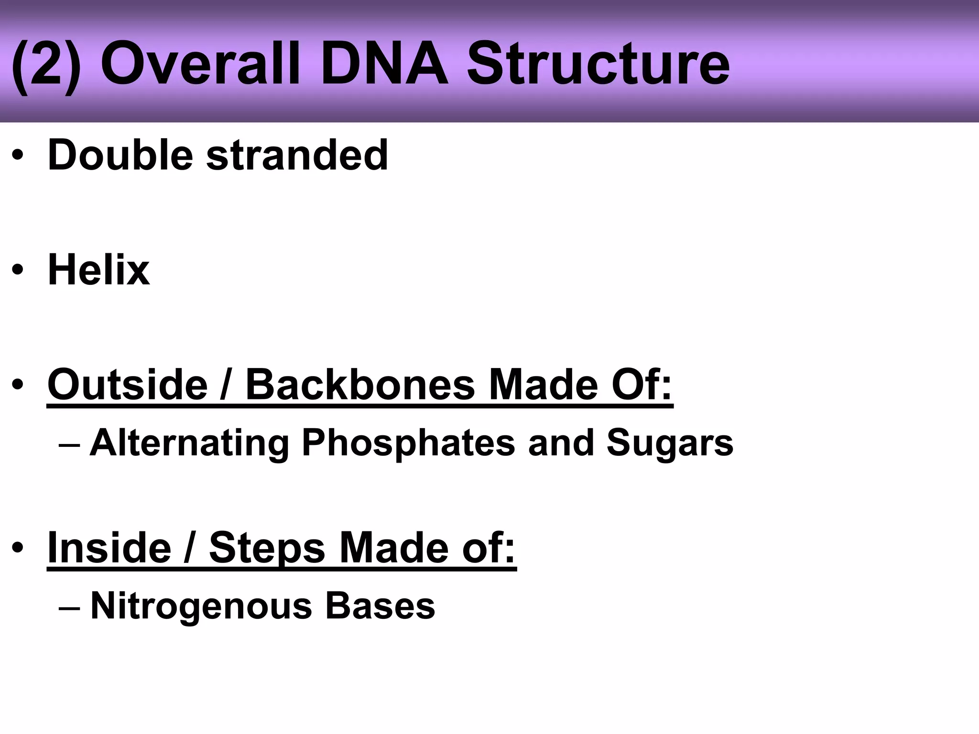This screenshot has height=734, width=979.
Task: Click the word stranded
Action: (x=297, y=155)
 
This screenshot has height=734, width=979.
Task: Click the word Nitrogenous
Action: (x=201, y=606)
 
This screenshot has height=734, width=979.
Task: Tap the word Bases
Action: (x=380, y=606)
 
